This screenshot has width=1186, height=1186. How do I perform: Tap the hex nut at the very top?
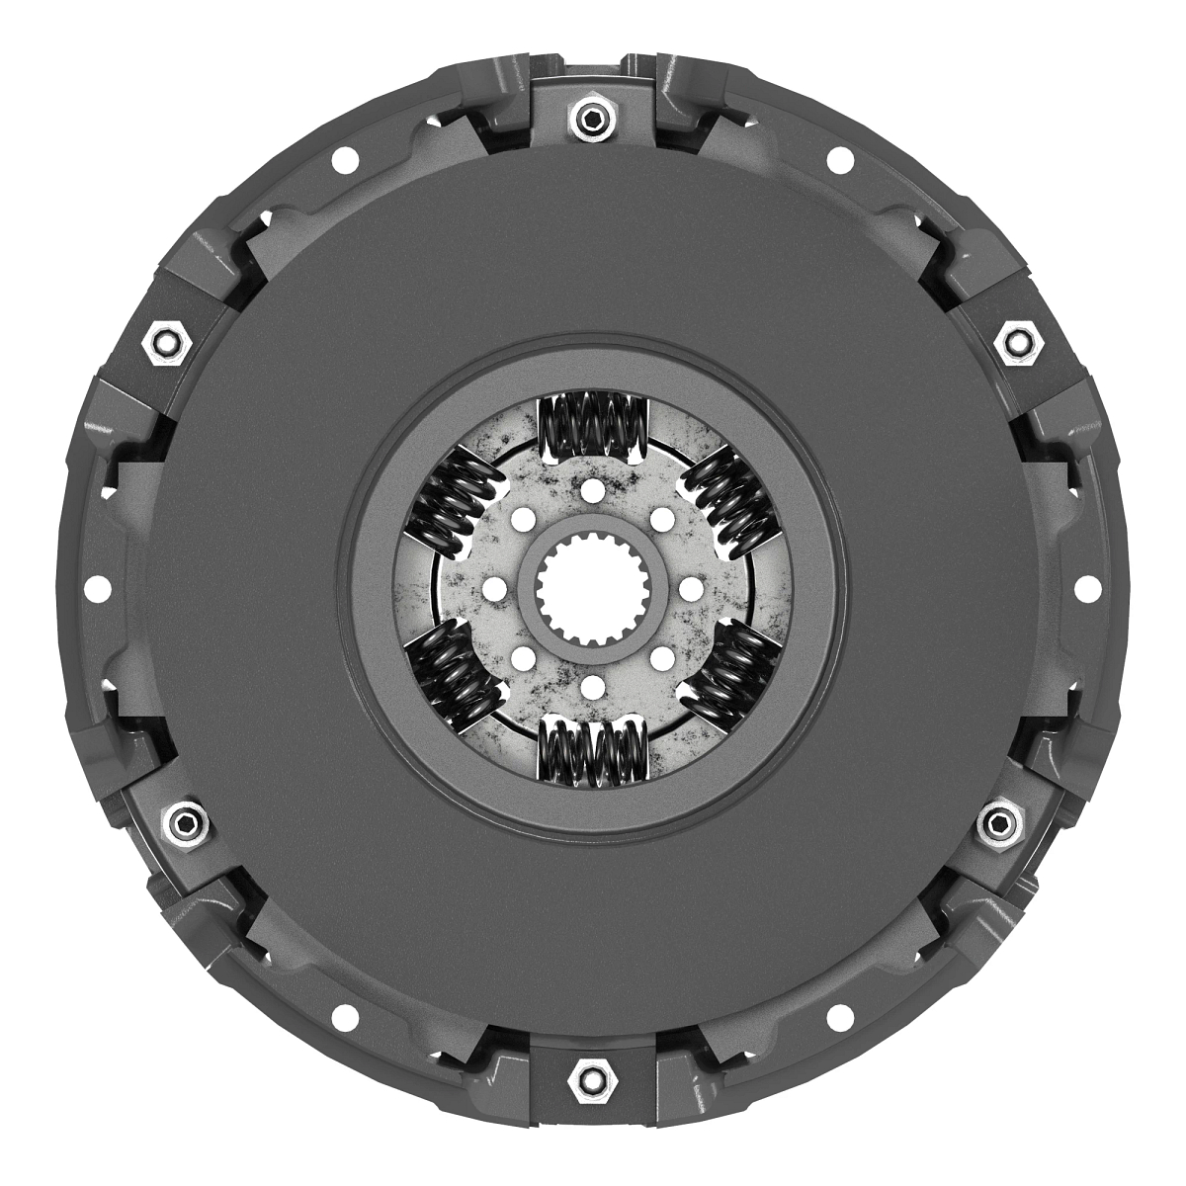[x=591, y=121]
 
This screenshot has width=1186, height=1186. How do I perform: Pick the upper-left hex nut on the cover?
[x=166, y=343]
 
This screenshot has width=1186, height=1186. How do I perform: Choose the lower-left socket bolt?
[x=183, y=822]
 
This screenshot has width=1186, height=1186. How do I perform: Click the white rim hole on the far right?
[x=1089, y=589]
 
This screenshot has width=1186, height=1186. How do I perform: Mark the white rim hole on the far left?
[x=96, y=589]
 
